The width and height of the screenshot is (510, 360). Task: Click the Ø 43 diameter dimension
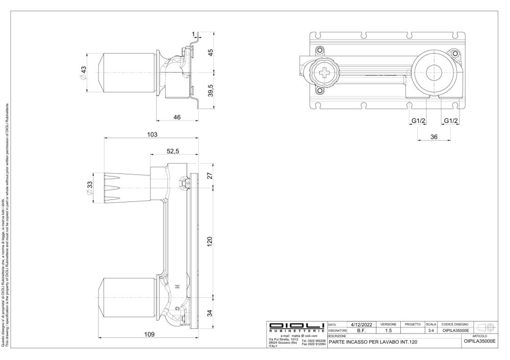click(84, 72)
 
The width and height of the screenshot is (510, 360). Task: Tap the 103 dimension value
click(151, 134)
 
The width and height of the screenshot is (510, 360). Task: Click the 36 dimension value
click(434, 137)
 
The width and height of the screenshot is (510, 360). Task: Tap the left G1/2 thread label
click(419, 121)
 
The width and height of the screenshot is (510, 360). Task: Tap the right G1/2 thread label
click(451, 121)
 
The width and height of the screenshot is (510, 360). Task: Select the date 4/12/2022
click(359, 324)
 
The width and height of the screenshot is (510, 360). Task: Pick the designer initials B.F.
click(359, 330)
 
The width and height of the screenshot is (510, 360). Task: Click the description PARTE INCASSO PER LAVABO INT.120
click(373, 342)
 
